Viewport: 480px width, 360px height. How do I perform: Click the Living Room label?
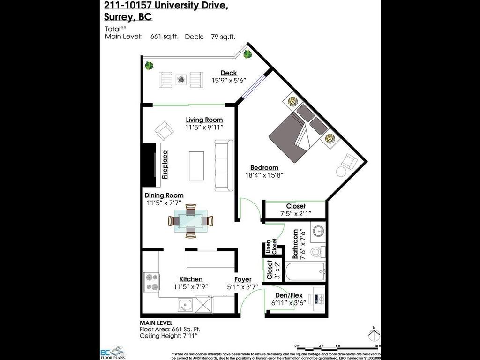[x=204, y=120]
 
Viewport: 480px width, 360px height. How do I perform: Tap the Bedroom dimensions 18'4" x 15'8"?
[x=264, y=175]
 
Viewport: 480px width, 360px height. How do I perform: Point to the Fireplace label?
[x=165, y=165]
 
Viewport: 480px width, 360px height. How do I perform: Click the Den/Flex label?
[x=287, y=295]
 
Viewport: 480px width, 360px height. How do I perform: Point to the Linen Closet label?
[x=271, y=247]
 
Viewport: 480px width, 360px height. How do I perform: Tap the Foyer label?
[x=243, y=279]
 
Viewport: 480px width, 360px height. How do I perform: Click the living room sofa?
[x=224, y=165]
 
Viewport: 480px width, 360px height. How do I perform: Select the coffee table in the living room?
[x=196, y=165]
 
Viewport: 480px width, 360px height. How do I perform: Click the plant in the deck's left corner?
[x=149, y=65]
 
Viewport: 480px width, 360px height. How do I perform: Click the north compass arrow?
[x=373, y=335]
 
